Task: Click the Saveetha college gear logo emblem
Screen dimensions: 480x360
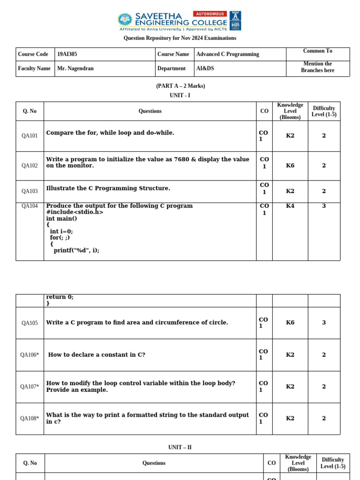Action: coord(125,19)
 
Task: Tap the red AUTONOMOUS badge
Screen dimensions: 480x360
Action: coord(210,14)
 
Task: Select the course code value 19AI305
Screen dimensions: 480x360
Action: coord(67,54)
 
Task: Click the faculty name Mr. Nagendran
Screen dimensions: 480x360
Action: coord(75,68)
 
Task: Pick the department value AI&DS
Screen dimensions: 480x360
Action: coord(205,68)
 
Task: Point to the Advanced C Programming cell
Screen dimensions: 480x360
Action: coord(227,54)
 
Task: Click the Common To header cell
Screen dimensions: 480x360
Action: coord(317,51)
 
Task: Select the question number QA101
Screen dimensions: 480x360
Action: coord(30,136)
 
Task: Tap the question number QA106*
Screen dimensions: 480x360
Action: coord(30,355)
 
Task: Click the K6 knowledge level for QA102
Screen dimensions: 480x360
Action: coord(290,165)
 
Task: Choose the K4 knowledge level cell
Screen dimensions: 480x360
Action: coord(290,206)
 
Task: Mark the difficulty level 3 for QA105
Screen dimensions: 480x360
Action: coord(324,322)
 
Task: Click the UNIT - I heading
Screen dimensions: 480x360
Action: coord(180,96)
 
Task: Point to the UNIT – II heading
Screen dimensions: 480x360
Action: coord(180,448)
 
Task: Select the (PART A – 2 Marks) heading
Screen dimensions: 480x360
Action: coord(180,86)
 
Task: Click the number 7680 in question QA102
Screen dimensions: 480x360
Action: coord(181,159)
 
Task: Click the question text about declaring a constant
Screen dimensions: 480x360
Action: coord(97,355)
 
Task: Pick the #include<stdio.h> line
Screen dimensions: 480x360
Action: coord(75,212)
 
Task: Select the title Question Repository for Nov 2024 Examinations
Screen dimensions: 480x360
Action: coord(180,38)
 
